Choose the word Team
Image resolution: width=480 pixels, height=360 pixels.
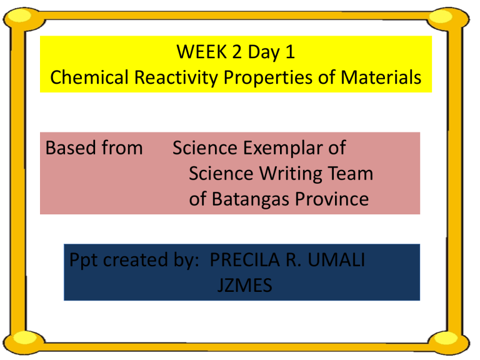click(350, 174)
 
